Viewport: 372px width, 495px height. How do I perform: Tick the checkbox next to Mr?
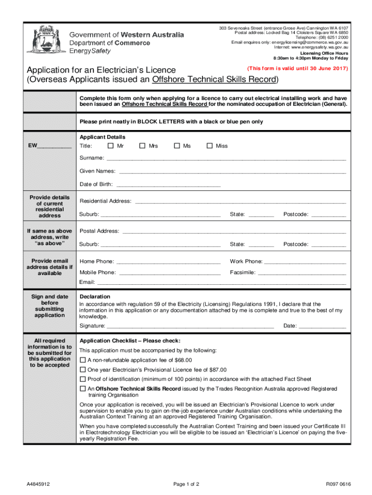(x=111, y=146)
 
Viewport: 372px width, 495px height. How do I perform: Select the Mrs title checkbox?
(x=143, y=146)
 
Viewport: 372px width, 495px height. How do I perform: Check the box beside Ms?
(x=177, y=146)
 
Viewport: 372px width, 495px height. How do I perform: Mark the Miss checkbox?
(x=210, y=146)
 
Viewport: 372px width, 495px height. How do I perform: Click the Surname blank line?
(x=226, y=159)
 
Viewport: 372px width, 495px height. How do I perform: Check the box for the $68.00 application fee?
(x=83, y=360)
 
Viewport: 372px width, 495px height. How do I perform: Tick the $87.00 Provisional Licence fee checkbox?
(x=83, y=370)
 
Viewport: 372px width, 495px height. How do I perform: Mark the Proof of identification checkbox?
(x=83, y=379)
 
